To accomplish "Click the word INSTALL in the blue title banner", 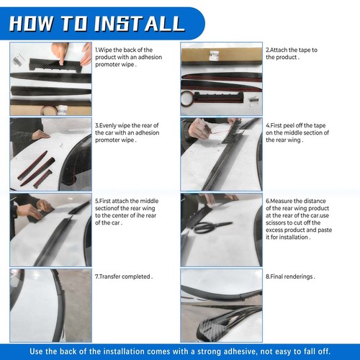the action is tap(140, 24).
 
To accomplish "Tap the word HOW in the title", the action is tap(31, 24).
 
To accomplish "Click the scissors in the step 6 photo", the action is tap(212, 227).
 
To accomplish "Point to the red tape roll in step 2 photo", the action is tap(188, 99).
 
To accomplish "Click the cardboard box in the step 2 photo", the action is tap(221, 55).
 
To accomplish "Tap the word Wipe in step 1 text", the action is tap(105, 50).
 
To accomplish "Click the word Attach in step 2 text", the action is tap(279, 50).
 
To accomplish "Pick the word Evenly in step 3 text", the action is tap(107, 125).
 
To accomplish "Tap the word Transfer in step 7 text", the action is tap(109, 276).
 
